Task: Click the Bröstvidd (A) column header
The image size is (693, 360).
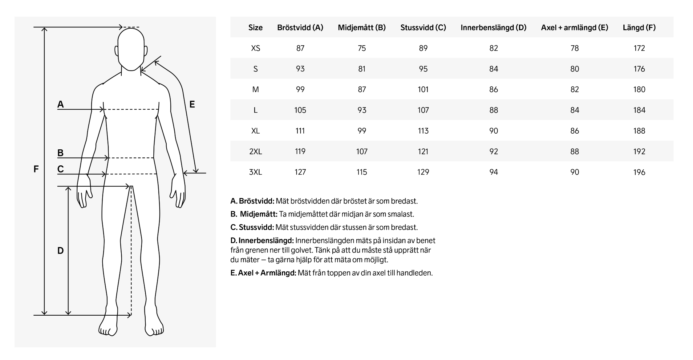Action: pos(300,28)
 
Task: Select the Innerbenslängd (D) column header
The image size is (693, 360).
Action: pos(493,28)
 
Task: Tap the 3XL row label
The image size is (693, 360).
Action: pos(255,172)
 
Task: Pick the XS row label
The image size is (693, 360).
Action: pos(255,48)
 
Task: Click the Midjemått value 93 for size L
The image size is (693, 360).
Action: pos(362,110)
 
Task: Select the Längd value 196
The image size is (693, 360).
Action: pos(639,172)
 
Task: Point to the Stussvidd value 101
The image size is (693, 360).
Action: pos(423,90)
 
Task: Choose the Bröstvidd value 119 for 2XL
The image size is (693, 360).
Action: pos(300,152)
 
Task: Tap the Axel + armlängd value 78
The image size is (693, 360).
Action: pos(574,48)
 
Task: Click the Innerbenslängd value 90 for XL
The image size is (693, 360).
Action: pos(493,131)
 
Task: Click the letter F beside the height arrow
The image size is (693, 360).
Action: pos(36,169)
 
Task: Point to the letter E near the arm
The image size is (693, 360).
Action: pos(192,104)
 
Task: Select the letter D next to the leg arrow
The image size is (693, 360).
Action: pos(60,251)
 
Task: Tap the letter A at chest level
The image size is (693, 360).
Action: pos(60,104)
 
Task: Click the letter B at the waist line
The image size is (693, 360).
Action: pos(60,153)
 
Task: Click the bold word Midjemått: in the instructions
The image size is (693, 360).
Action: pos(258,214)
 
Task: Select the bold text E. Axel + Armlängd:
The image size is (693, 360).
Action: pos(263,273)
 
